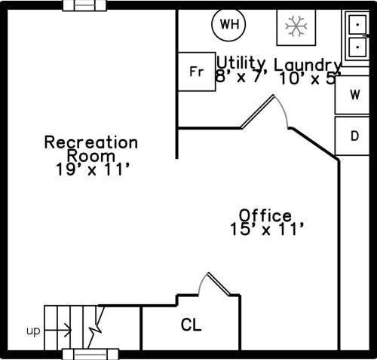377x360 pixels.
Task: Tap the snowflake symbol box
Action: (x=296, y=27)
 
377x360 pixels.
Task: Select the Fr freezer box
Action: (x=197, y=72)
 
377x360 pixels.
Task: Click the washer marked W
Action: (x=352, y=95)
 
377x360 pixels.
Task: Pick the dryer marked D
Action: (x=352, y=136)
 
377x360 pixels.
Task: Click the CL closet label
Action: (x=191, y=325)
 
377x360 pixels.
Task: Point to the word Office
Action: (x=265, y=215)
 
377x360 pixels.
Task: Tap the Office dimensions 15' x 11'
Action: (x=267, y=229)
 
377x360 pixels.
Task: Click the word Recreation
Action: (x=91, y=142)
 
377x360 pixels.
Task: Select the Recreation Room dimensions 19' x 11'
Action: (x=93, y=169)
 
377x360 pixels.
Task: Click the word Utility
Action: (x=241, y=63)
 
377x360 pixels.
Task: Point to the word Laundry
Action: (x=307, y=66)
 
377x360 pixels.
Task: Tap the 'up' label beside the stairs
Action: (x=33, y=331)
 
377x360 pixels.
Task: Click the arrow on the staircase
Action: (x=58, y=330)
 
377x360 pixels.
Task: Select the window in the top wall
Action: (x=84, y=5)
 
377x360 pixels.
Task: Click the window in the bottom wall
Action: (x=90, y=354)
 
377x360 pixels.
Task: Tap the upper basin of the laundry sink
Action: (x=357, y=25)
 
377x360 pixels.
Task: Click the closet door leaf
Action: (x=219, y=284)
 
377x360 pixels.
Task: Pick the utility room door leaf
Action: (x=258, y=111)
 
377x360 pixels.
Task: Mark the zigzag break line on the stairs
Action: (x=96, y=327)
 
